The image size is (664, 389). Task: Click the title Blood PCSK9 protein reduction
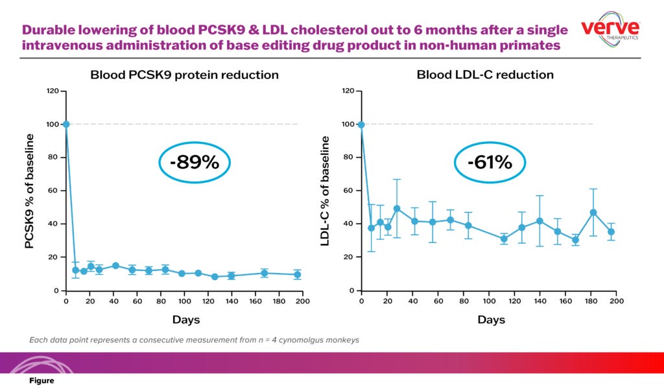[184, 75]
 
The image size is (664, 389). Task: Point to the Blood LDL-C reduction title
[485, 75]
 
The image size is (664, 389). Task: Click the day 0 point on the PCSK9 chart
[66, 124]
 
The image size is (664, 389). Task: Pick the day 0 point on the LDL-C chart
[361, 124]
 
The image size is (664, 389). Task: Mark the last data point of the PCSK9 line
[298, 274]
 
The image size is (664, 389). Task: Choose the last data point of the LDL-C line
[611, 231]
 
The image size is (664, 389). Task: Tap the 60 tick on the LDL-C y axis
[348, 191]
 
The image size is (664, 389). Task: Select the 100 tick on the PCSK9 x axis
[184, 301]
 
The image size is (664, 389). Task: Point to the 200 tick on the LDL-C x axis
[617, 301]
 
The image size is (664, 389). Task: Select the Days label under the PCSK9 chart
[186, 320]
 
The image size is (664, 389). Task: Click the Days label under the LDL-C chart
[492, 320]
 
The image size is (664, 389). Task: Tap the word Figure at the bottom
[41, 381]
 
